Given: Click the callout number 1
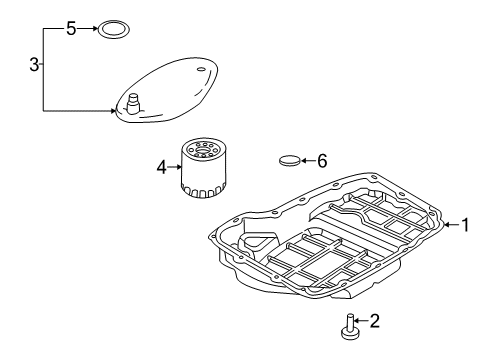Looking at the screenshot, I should pyautogui.click(x=464, y=225).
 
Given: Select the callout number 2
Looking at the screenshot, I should pyautogui.click(x=375, y=321).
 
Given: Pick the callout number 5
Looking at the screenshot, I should pyautogui.click(x=71, y=29).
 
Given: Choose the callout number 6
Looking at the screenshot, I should pyautogui.click(x=322, y=159).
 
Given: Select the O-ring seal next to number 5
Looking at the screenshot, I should pyautogui.click(x=113, y=29).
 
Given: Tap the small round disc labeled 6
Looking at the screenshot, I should pyautogui.click(x=291, y=159).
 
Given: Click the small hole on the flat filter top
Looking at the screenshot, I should pyautogui.click(x=201, y=70).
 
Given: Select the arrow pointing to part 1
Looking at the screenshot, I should pyautogui.click(x=450, y=225).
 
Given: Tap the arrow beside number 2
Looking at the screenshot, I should pyautogui.click(x=361, y=321).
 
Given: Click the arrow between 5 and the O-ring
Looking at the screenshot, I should pyautogui.click(x=89, y=29).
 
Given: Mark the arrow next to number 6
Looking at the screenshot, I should pyautogui.click(x=308, y=159).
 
